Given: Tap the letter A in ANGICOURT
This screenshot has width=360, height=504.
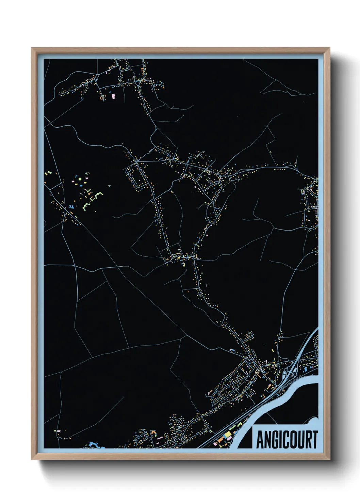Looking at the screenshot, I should pos(261,440).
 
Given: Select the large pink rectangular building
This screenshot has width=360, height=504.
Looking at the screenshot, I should pos(113,96).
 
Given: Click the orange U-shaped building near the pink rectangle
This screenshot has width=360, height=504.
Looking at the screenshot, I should pos(102,98).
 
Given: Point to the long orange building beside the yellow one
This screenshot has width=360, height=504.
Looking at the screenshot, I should pos(220,439).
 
